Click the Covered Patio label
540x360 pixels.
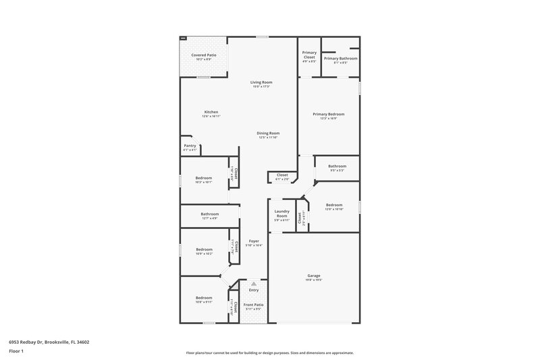pyautogui.click(x=203, y=55)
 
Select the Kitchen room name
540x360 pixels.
pyautogui.click(x=211, y=112)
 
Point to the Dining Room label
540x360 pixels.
pyautogui.click(x=268, y=133)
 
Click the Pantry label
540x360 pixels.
pyautogui.click(x=190, y=145)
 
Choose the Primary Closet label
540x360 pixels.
pyautogui.click(x=309, y=55)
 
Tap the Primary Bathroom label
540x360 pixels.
pyautogui.click(x=340, y=58)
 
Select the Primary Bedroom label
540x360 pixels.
pyautogui.click(x=329, y=114)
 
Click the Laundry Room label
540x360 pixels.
pyautogui.click(x=281, y=213)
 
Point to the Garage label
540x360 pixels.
pyautogui.click(x=314, y=276)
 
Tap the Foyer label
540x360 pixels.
pyautogui.click(x=254, y=241)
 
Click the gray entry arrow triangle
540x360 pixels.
pyautogui.click(x=254, y=284)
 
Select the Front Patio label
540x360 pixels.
pyautogui.click(x=253, y=304)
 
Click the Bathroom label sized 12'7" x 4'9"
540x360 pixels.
pyautogui.click(x=209, y=214)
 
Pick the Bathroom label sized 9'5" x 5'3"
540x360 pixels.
pyautogui.click(x=337, y=166)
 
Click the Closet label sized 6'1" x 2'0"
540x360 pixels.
pyautogui.click(x=282, y=175)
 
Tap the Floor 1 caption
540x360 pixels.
pyautogui.click(x=16, y=352)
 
